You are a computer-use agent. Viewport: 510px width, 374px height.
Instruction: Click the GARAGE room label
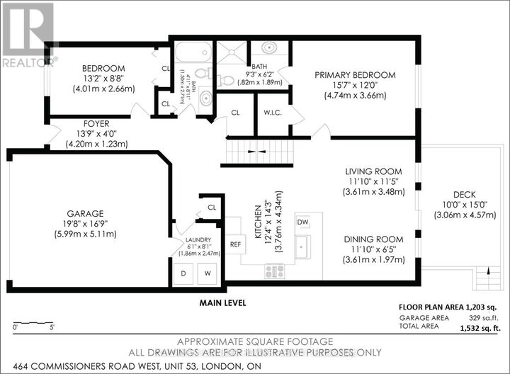point(86,212)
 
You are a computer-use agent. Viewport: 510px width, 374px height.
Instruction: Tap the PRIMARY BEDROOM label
point(355,74)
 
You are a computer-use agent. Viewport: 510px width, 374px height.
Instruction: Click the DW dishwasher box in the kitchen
point(303,222)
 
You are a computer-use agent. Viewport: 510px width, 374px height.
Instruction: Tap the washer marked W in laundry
point(208,273)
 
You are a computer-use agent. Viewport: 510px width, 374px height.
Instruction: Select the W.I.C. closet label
point(272,112)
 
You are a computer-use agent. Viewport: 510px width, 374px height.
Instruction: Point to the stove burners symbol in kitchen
point(274,271)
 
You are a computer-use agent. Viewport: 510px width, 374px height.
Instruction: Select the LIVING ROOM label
point(373,171)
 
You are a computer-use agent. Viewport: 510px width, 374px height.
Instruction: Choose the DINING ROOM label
point(373,239)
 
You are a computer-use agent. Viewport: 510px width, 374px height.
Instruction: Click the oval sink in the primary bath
point(270,50)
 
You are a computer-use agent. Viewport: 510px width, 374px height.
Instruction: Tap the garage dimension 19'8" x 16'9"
point(86,223)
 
